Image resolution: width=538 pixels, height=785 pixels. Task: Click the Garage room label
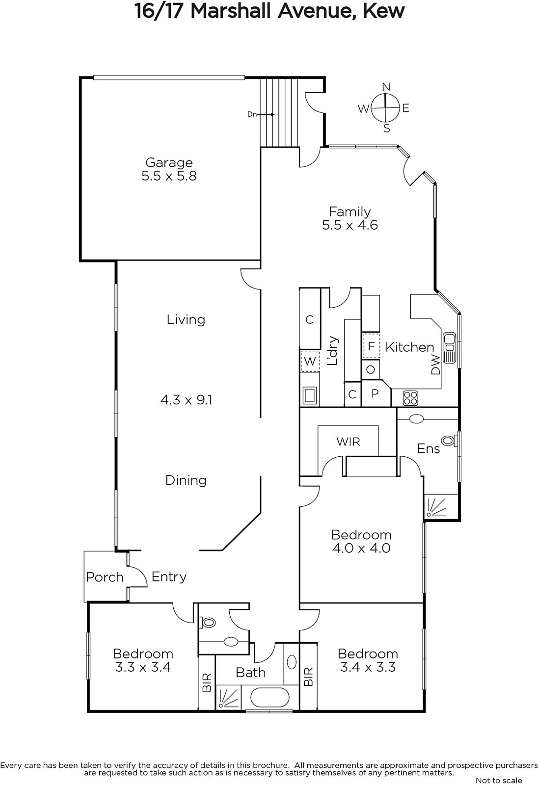tap(169, 162)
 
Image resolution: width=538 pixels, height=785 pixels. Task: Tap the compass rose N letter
tap(386, 86)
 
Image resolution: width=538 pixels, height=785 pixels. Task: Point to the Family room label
tap(350, 211)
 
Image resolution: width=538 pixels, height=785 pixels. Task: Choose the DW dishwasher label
tap(435, 365)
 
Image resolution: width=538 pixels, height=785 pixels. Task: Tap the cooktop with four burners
tap(410, 398)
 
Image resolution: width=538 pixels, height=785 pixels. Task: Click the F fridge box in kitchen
tap(371, 346)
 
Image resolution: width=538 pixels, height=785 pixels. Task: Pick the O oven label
tap(370, 369)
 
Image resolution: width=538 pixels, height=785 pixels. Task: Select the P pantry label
tap(375, 393)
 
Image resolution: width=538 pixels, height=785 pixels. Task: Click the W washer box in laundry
tap(310, 361)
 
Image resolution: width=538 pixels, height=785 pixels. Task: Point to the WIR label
tap(348, 442)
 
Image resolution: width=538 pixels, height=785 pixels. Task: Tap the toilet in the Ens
tap(449, 441)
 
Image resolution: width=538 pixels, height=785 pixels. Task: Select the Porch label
tap(105, 577)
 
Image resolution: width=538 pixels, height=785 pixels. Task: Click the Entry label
tap(169, 577)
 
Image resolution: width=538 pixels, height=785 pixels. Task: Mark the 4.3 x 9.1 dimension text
tap(186, 399)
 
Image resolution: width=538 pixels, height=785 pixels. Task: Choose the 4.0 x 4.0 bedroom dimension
tap(361, 548)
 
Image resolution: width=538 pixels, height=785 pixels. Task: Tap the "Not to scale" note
tap(499, 780)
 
